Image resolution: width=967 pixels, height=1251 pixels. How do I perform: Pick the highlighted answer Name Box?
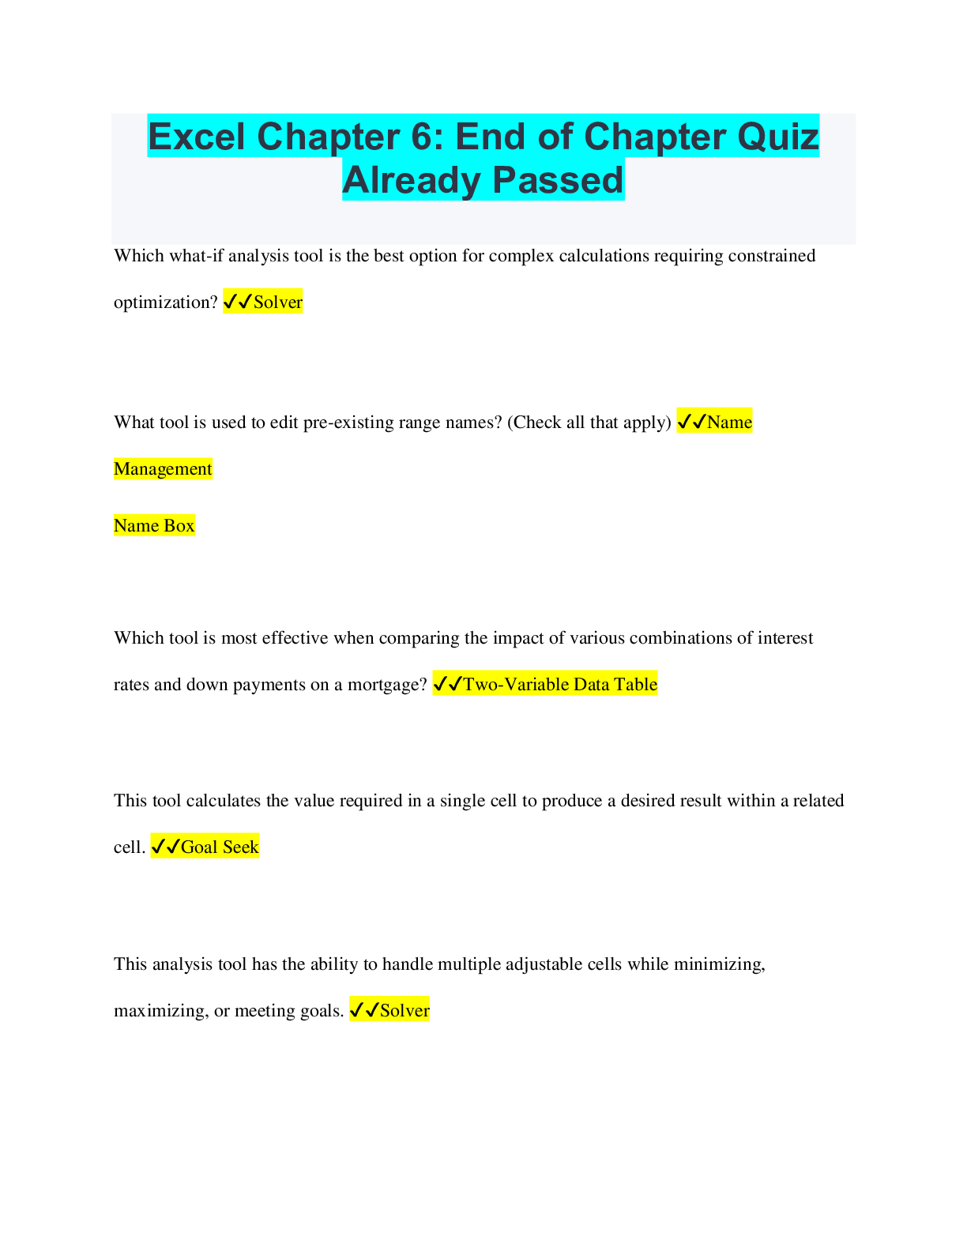(154, 526)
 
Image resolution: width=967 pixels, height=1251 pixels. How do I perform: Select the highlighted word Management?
(163, 468)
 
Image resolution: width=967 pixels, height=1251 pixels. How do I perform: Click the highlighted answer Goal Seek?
(220, 847)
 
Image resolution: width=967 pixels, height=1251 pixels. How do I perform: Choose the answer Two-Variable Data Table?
(560, 684)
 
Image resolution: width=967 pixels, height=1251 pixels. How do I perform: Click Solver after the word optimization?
(278, 302)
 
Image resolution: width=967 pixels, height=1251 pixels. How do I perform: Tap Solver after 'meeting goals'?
(404, 1010)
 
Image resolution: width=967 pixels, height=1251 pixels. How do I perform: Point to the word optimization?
(166, 302)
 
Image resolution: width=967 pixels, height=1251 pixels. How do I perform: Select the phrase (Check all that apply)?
(589, 423)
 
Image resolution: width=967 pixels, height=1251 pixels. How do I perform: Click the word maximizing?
(161, 1011)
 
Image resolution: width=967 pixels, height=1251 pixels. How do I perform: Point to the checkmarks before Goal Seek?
(166, 847)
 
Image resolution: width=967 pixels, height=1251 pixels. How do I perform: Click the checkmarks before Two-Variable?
(448, 684)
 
